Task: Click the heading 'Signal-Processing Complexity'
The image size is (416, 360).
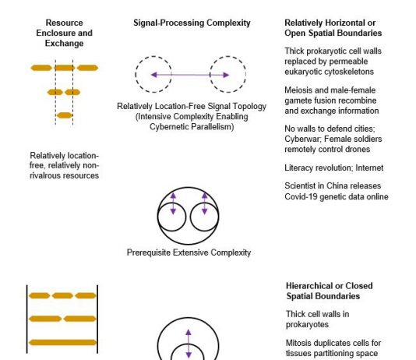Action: click(192, 23)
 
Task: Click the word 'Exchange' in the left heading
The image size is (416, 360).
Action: click(64, 43)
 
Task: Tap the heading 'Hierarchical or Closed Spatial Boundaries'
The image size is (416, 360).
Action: click(330, 291)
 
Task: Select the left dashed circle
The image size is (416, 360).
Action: click(136, 74)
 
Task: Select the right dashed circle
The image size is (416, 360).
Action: click(245, 74)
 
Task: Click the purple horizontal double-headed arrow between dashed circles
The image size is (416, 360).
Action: click(190, 75)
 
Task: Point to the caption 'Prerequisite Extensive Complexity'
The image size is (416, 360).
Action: click(189, 252)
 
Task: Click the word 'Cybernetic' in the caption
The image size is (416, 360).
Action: click(170, 127)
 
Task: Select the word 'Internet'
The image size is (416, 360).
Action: click(369, 168)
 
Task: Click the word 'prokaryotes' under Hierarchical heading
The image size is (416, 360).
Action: click(307, 324)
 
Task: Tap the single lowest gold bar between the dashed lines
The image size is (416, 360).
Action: click(65, 115)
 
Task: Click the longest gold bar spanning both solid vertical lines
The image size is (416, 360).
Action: click(62, 343)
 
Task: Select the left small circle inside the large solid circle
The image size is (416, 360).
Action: click(158, 217)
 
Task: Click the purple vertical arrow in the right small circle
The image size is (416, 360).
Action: click(205, 203)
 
